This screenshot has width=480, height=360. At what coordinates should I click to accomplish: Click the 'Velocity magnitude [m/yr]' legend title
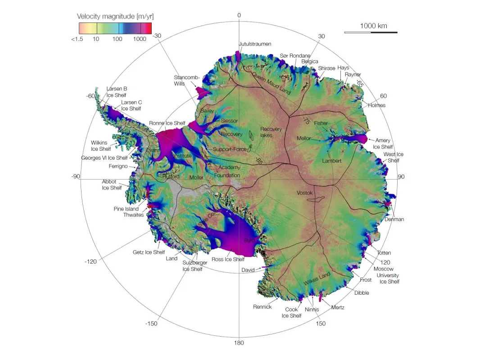pyautogui.click(x=115, y=16)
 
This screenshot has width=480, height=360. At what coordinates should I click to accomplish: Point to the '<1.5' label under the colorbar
pyautogui.click(x=77, y=39)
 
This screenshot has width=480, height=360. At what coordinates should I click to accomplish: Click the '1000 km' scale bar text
pyautogui.click(x=373, y=26)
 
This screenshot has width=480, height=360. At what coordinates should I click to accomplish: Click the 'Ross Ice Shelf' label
pyautogui.click(x=228, y=259)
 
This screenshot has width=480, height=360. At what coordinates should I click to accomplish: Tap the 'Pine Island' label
pyautogui.click(x=126, y=209)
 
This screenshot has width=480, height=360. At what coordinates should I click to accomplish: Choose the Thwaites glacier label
pyautogui.click(x=133, y=215)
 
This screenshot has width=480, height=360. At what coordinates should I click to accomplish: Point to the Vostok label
pyautogui.click(x=304, y=193)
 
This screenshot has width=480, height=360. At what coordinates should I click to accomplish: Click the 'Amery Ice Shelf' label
pyautogui.click(x=383, y=144)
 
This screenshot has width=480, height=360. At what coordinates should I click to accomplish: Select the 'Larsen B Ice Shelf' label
pyautogui.click(x=117, y=92)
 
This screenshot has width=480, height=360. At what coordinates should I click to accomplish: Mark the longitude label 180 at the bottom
pyautogui.click(x=239, y=343)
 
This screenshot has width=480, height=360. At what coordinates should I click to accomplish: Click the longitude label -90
pyautogui.click(x=75, y=176)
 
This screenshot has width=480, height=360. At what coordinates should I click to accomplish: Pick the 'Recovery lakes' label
pyautogui.click(x=271, y=132)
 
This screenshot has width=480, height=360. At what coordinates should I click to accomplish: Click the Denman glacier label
pyautogui.click(x=394, y=219)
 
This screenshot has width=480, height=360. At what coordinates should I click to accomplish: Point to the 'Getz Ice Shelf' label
pyautogui.click(x=149, y=252)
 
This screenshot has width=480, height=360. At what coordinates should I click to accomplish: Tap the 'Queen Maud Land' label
pyautogui.click(x=271, y=83)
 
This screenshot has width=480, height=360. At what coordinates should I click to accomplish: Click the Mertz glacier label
pyautogui.click(x=338, y=307)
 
